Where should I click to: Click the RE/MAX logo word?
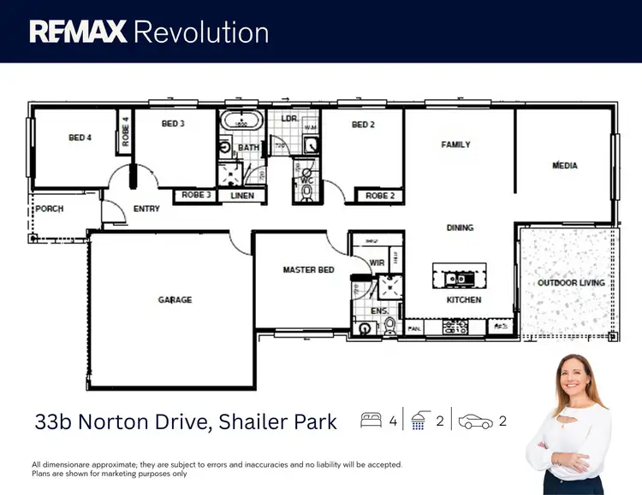[x=78, y=32]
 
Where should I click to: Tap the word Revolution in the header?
[x=202, y=32]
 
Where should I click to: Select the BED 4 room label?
[x=80, y=138]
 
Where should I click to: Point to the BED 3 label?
[x=173, y=124]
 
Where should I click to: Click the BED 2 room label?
[x=364, y=125]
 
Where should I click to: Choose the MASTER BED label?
[x=308, y=270]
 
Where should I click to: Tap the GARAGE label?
[x=175, y=300]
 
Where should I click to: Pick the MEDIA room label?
[x=564, y=165]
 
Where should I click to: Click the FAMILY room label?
[x=455, y=144]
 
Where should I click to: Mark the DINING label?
[x=460, y=227]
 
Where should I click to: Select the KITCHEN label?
[x=464, y=300]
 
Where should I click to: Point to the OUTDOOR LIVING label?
[x=570, y=283]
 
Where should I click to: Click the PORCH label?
[x=49, y=209]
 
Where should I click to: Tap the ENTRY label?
[x=146, y=209]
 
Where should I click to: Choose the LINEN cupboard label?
[x=243, y=196]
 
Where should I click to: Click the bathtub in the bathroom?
[x=240, y=123]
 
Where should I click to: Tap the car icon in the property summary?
[x=477, y=421]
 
